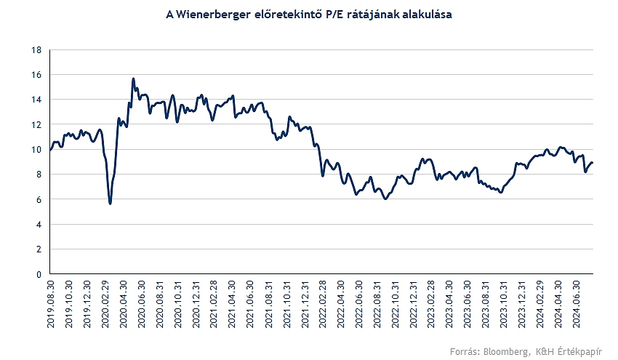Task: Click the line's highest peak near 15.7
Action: [x=134, y=79]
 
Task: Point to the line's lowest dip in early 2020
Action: [x=110, y=204]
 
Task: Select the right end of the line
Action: [x=593, y=163]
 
